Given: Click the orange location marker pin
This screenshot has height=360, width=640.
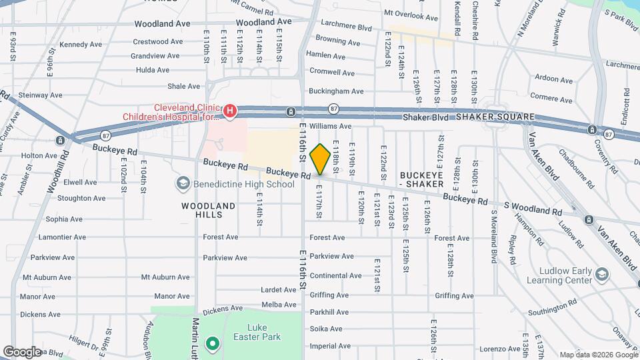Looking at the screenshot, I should (320, 159).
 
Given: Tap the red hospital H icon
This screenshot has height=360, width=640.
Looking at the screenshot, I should (229, 111).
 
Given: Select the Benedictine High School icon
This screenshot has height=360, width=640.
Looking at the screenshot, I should (183, 183).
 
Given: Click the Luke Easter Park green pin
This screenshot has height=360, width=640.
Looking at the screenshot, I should (213, 344).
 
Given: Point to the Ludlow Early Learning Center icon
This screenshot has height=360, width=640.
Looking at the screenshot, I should (602, 275).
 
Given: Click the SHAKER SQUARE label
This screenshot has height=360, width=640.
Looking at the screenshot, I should (495, 117).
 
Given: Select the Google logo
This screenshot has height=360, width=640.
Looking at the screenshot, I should (22, 351).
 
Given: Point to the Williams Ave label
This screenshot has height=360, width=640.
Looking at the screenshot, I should (329, 125).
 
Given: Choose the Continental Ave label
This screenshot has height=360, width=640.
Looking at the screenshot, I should (335, 275).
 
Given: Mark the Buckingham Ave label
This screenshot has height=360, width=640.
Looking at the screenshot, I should (336, 91).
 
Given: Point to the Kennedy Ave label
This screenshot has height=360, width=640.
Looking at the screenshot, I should (81, 45).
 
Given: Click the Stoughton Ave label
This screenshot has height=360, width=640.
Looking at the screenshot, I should (81, 198).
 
